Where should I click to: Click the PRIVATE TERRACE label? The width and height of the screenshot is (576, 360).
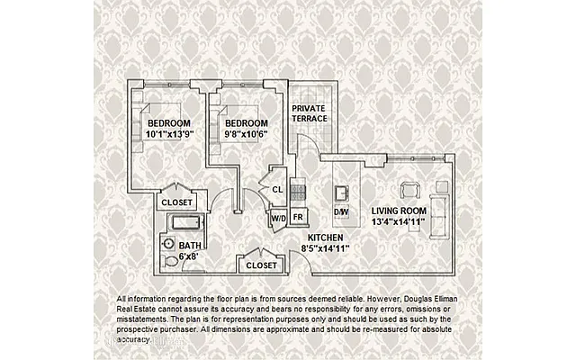(x=309, y=112)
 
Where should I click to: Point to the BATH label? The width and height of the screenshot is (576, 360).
(x=190, y=245)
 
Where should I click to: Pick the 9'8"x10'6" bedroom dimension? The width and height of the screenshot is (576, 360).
(x=246, y=135)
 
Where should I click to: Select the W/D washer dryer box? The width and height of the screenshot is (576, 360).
(x=278, y=217)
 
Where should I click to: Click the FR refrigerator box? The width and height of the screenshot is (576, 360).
(x=298, y=217)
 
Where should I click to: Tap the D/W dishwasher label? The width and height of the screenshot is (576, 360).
(x=341, y=211)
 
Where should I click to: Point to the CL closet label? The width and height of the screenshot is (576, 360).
(x=278, y=190)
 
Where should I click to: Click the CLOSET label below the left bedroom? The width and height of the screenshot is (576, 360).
(x=177, y=203)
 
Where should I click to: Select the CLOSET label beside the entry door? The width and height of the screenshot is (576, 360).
(x=261, y=265)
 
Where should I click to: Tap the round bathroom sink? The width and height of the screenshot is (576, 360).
(x=168, y=244)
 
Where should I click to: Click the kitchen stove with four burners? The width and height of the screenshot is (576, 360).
(x=299, y=191)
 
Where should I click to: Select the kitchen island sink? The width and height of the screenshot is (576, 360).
(x=342, y=192)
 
